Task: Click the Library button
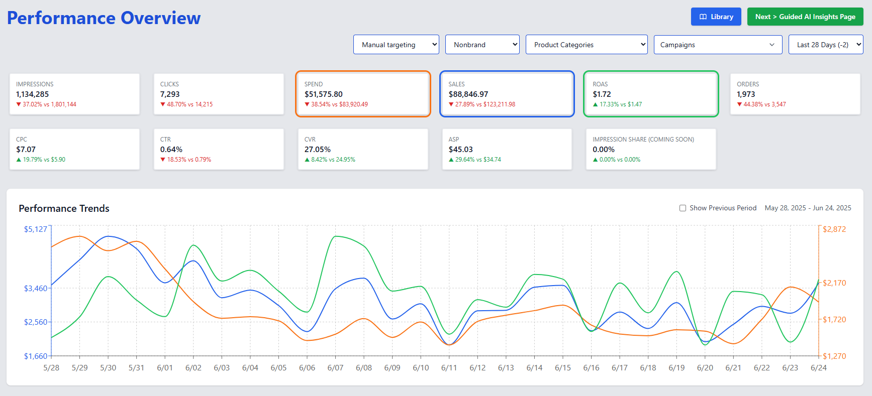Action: (x=716, y=17)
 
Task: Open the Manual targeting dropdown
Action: (x=396, y=45)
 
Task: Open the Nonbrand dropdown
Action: (x=482, y=45)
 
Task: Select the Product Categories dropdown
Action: (x=586, y=45)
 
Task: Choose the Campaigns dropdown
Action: (x=717, y=45)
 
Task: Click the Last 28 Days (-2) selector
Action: (x=825, y=45)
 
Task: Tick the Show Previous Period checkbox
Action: (x=683, y=208)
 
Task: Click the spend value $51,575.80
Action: (x=323, y=94)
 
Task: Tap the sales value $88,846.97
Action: (x=468, y=94)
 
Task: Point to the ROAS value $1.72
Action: (x=602, y=94)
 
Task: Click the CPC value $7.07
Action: (x=26, y=150)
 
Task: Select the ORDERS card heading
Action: (x=748, y=84)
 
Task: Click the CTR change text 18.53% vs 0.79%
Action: (x=188, y=160)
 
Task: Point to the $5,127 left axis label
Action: (x=35, y=229)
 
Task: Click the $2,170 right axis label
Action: (x=834, y=283)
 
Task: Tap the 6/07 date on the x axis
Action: (x=335, y=368)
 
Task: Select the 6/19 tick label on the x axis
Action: (x=676, y=368)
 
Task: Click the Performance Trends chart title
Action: (x=64, y=208)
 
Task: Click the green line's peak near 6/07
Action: (x=337, y=236)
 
